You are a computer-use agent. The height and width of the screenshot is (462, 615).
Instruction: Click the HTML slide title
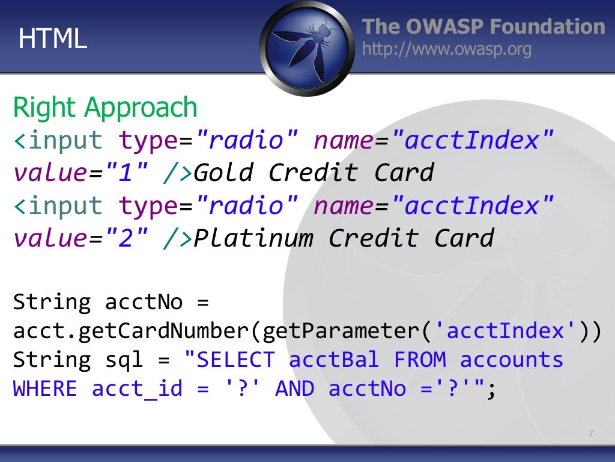(x=53, y=38)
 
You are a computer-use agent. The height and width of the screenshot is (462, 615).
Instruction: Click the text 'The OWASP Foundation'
(x=483, y=26)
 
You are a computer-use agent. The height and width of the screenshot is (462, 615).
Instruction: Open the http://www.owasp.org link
(x=447, y=49)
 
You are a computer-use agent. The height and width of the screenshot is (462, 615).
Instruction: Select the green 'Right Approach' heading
(x=105, y=108)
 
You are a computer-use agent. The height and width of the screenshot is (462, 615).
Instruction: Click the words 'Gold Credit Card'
(x=314, y=173)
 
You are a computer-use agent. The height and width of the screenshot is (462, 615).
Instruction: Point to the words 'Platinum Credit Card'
(x=344, y=238)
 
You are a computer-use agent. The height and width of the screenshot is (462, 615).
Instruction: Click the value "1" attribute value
(x=126, y=173)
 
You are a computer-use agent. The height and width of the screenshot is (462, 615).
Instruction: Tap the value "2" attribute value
(x=126, y=238)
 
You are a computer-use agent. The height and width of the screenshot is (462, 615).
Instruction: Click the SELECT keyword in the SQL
(x=235, y=360)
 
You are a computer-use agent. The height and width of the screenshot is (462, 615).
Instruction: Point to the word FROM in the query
(x=420, y=360)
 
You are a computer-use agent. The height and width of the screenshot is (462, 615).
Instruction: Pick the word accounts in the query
(x=512, y=360)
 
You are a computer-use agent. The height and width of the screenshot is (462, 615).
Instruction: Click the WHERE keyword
(x=45, y=389)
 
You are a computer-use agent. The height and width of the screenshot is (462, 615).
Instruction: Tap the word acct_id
(x=137, y=389)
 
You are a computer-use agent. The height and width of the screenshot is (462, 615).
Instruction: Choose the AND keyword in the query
(x=294, y=389)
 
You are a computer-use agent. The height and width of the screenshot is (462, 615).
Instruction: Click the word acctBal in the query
(x=334, y=360)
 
